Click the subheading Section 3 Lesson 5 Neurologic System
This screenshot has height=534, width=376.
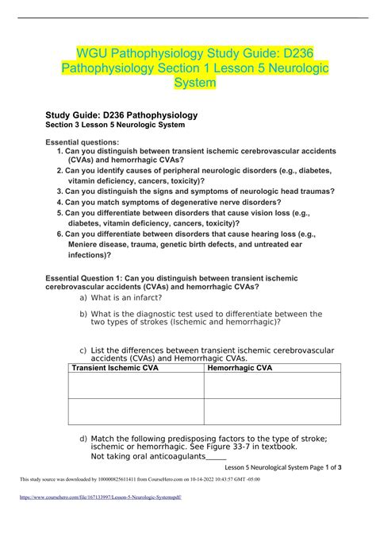click(117, 126)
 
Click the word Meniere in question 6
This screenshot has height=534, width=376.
click(87, 246)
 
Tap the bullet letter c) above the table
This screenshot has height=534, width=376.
click(83, 350)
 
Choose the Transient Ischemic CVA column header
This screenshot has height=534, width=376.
click(117, 368)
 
